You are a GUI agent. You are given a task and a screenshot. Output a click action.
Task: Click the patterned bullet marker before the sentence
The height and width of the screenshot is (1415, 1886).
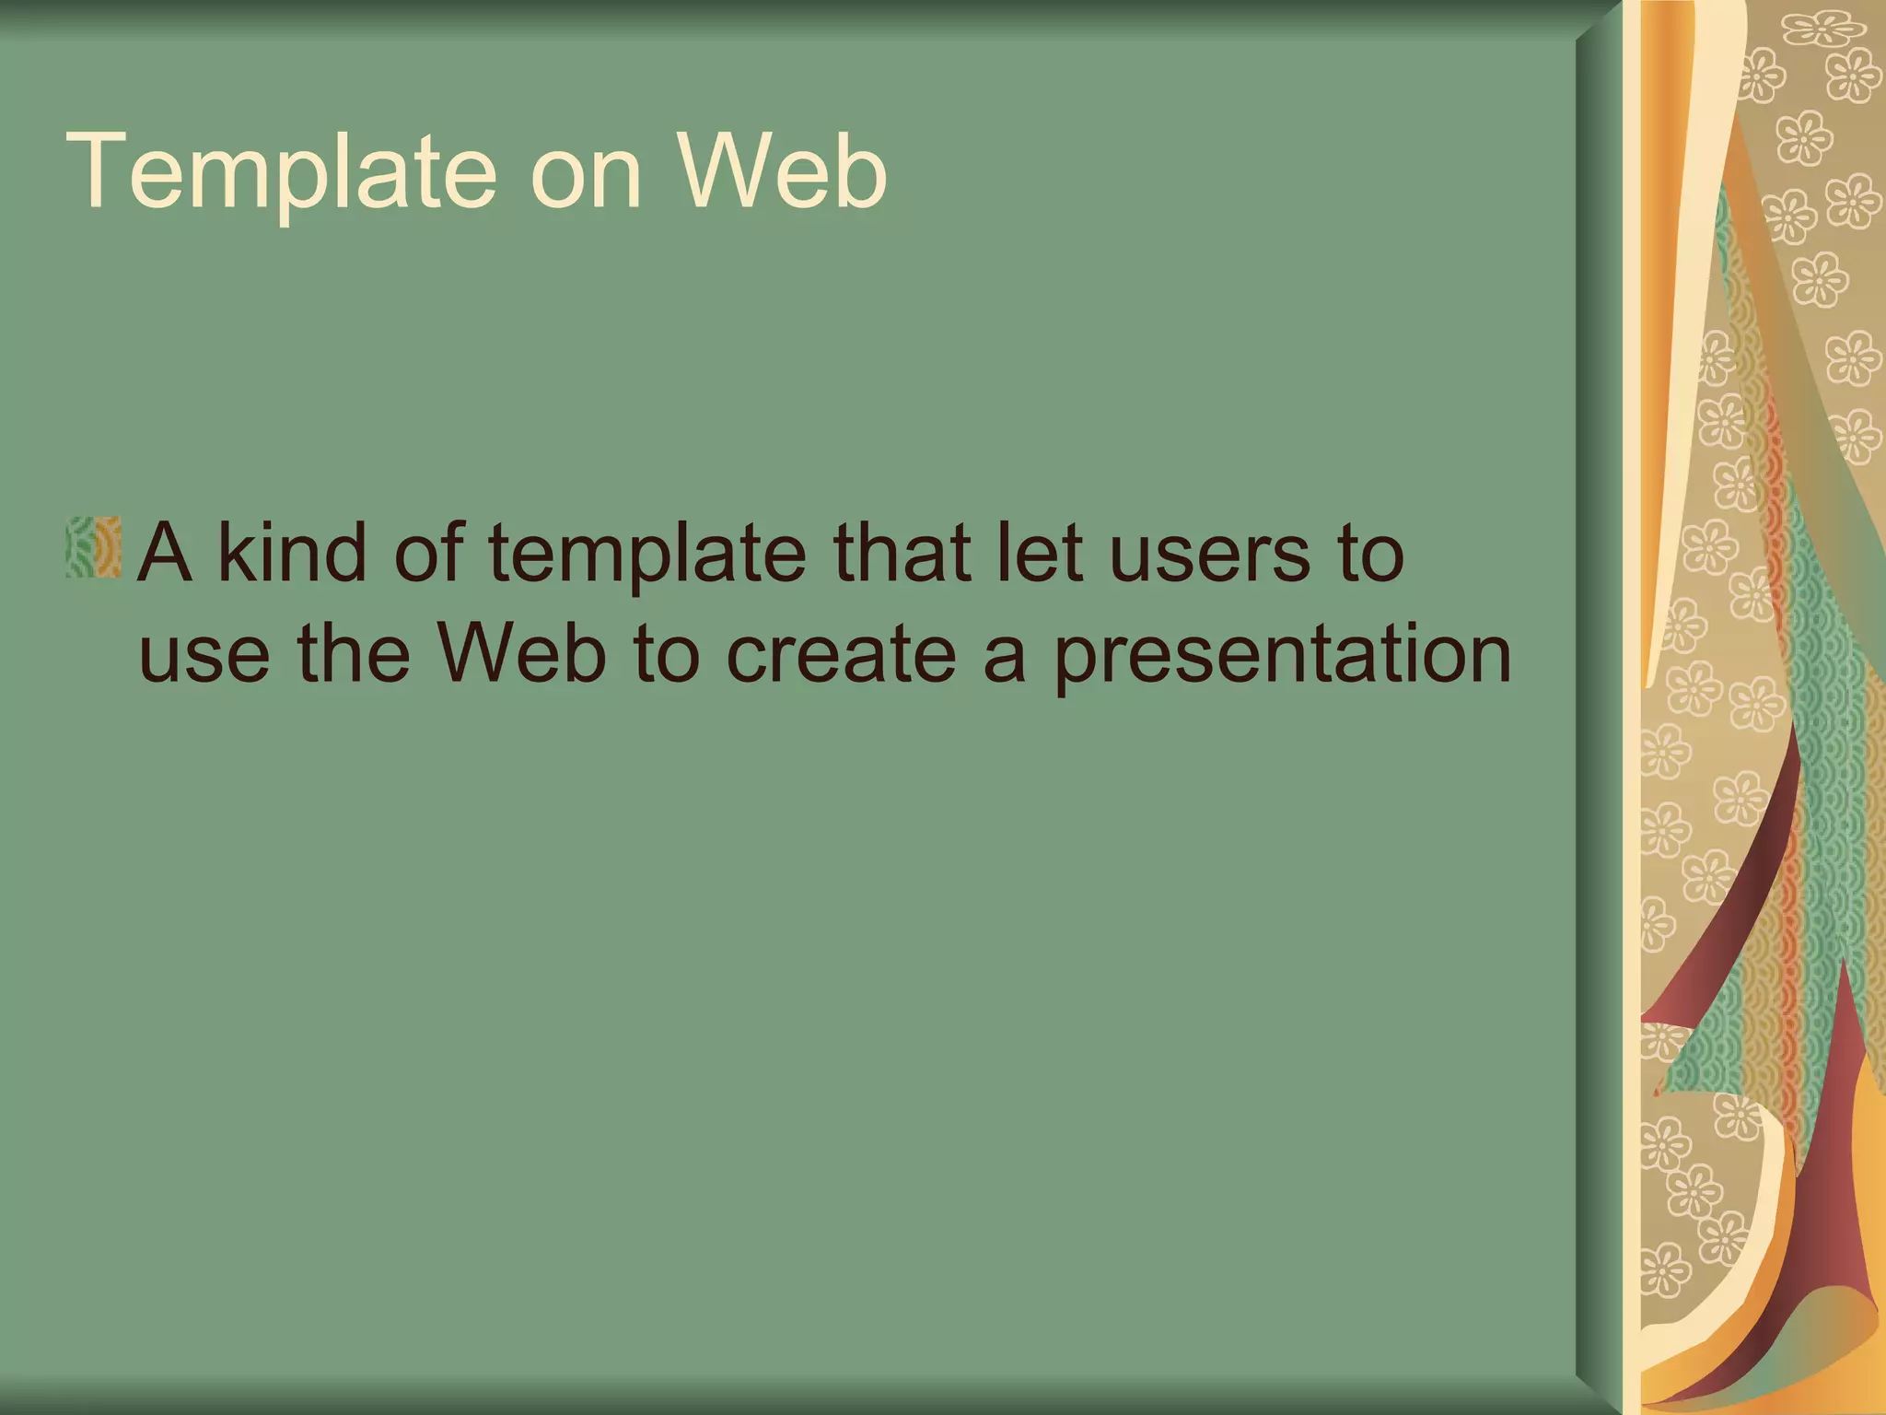pyautogui.click(x=94, y=548)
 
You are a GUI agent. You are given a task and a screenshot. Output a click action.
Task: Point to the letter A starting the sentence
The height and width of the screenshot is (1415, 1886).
pyautogui.click(x=166, y=553)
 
